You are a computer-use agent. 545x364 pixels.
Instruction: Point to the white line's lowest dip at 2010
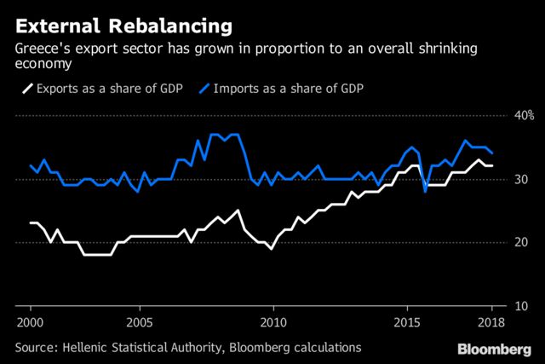(272, 248)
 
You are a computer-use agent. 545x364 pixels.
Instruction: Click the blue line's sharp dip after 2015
(425, 192)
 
